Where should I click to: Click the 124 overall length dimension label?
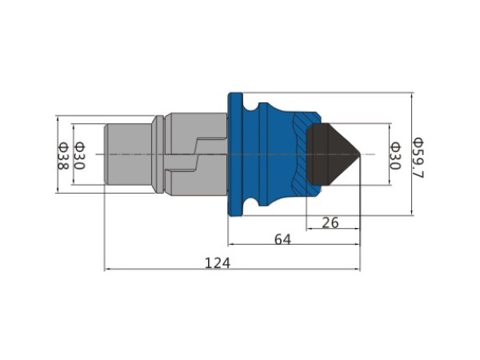[x=217, y=262]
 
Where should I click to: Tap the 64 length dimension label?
[x=282, y=239]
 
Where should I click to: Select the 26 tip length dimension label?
[x=330, y=222]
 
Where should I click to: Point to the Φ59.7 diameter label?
[x=418, y=158]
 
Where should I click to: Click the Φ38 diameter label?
[x=63, y=156]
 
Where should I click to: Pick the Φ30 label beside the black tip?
[x=395, y=156]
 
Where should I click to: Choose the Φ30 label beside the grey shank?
[x=79, y=156]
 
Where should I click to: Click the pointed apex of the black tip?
[x=360, y=154]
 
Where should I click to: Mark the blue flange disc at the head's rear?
[x=235, y=154]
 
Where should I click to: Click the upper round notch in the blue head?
[x=252, y=107]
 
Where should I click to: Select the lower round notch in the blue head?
[x=252, y=202]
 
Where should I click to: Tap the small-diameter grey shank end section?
[x=128, y=154]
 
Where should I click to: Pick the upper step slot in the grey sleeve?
[x=211, y=144]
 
